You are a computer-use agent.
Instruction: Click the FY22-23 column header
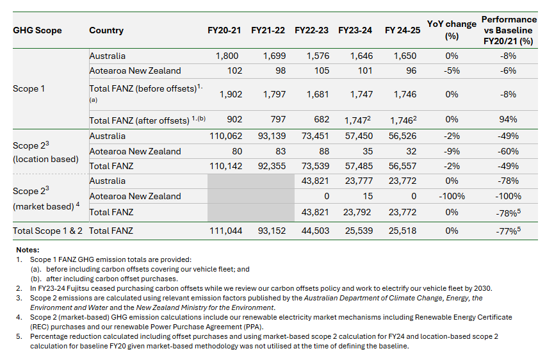click(x=311, y=30)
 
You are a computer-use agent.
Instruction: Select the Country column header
click(x=106, y=30)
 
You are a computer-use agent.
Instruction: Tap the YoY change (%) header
click(x=452, y=30)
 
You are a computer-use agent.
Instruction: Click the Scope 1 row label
click(x=29, y=88)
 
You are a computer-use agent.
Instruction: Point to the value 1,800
click(x=227, y=56)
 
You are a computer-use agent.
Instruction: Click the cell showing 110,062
click(x=226, y=136)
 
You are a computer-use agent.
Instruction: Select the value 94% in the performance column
click(x=508, y=119)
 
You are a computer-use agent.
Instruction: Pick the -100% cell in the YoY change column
click(x=452, y=197)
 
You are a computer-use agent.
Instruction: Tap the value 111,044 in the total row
click(x=226, y=231)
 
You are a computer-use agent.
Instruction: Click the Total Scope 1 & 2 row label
click(x=47, y=231)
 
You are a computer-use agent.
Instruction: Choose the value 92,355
click(x=272, y=166)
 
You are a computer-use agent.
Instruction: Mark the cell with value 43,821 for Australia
click(x=315, y=181)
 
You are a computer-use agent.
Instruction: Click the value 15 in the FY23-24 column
click(x=368, y=197)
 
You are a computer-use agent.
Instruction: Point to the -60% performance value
click(x=508, y=151)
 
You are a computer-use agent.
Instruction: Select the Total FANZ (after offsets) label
click(x=139, y=121)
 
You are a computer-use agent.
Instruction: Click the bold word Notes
click(x=28, y=250)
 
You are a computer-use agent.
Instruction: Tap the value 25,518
click(x=402, y=231)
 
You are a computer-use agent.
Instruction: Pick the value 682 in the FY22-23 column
click(x=322, y=119)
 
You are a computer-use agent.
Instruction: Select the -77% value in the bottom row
click(x=507, y=231)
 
